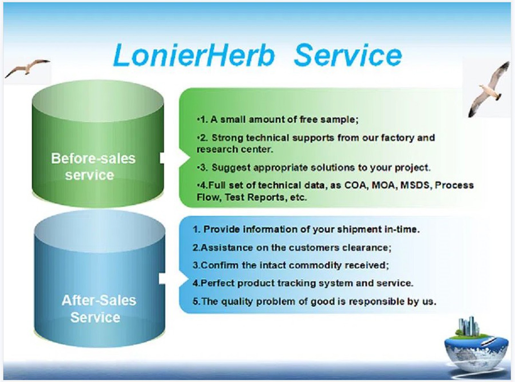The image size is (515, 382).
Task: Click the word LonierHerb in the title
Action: click(x=194, y=55)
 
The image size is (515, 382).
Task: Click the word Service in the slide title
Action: click(x=348, y=55)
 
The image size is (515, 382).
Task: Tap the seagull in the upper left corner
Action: click(x=28, y=68)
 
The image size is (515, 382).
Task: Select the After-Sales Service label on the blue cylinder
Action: click(x=98, y=309)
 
